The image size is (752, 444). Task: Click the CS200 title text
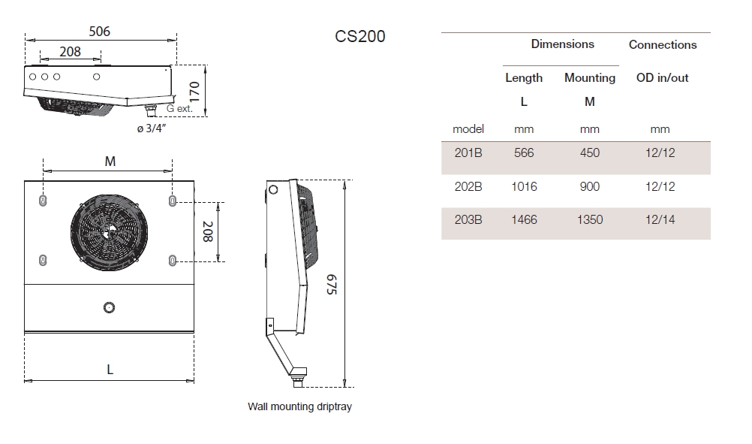click(x=359, y=36)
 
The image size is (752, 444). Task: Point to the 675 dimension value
click(x=331, y=283)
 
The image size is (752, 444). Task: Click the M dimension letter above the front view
click(x=110, y=162)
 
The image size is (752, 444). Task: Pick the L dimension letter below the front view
click(x=110, y=369)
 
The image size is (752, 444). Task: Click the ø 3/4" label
click(x=151, y=128)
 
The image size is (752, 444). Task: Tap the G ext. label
click(x=179, y=108)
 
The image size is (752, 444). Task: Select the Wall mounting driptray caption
click(x=299, y=407)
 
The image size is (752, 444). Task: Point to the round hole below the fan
click(x=109, y=307)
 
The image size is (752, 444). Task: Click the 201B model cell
click(x=468, y=153)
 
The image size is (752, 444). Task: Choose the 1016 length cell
click(x=524, y=186)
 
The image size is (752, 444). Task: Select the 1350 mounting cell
click(x=589, y=219)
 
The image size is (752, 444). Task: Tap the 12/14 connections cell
click(x=660, y=219)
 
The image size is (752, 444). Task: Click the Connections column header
click(x=663, y=44)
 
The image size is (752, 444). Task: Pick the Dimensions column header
click(x=562, y=44)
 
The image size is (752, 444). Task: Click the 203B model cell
click(x=468, y=219)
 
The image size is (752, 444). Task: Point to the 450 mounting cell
click(x=590, y=153)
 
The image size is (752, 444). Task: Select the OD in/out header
click(x=662, y=77)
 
